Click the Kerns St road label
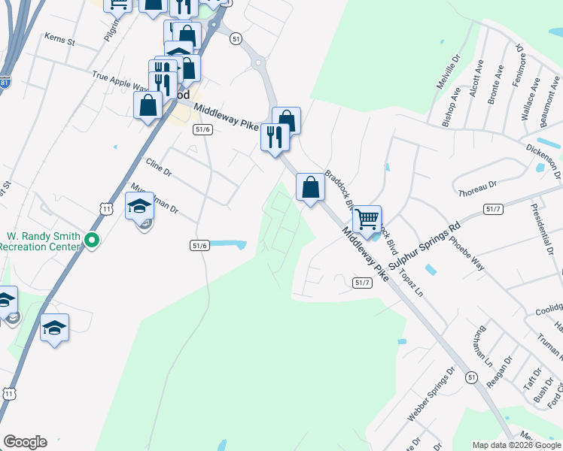(x=60, y=39)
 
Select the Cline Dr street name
(x=159, y=166)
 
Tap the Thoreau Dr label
(x=477, y=189)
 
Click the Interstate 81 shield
(x=5, y=83)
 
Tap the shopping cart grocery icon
(x=367, y=219)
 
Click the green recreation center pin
(x=92, y=241)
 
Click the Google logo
(x=25, y=442)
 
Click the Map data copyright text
(x=516, y=445)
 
